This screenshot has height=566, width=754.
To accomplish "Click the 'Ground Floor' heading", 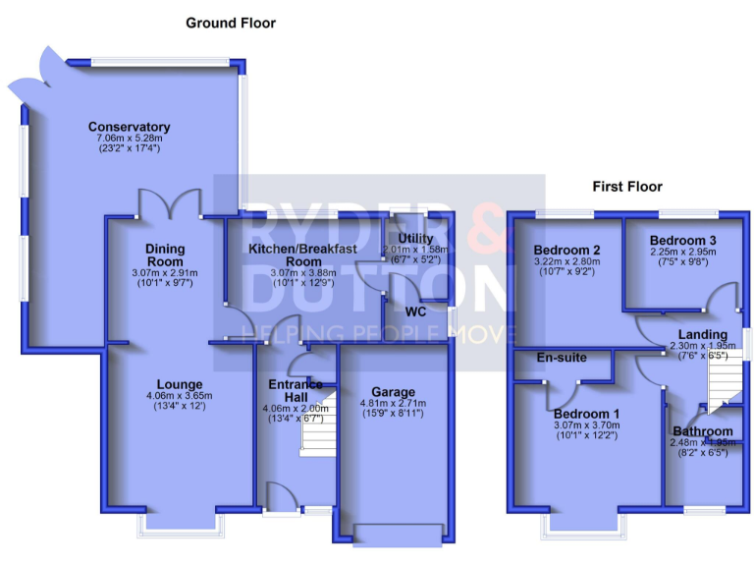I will pyautogui.click(x=231, y=23).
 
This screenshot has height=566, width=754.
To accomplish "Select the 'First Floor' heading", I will pyautogui.click(x=626, y=186).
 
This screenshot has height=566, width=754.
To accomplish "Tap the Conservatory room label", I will pyautogui.click(x=129, y=127).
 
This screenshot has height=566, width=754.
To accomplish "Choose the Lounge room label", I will pyautogui.click(x=178, y=384).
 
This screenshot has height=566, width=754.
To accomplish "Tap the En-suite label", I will pyautogui.click(x=561, y=359).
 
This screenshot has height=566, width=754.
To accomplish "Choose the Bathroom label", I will pyautogui.click(x=703, y=431).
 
